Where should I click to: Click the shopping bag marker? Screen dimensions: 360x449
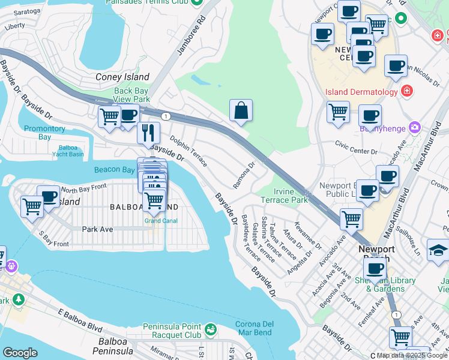[x=241, y=111]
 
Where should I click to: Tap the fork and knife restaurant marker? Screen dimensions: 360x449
[x=148, y=132]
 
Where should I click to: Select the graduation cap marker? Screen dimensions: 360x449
[x=438, y=250]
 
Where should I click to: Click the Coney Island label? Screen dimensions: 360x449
[x=122, y=77]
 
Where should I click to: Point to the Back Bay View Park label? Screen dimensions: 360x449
[x=131, y=95]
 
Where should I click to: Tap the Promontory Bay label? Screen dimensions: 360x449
[x=44, y=133]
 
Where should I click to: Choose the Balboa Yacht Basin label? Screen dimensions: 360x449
[x=71, y=151]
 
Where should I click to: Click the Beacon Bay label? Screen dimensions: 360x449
[x=114, y=170]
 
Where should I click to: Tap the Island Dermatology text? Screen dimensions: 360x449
[x=361, y=92]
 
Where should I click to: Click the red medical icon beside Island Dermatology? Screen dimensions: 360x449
[x=407, y=92]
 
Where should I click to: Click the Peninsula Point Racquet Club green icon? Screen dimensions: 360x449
[x=210, y=329]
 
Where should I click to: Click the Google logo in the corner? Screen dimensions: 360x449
[x=20, y=352]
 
